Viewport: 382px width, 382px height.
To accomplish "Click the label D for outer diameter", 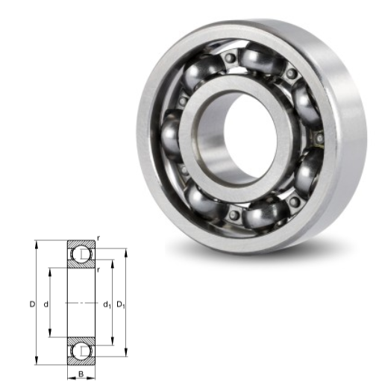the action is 32,304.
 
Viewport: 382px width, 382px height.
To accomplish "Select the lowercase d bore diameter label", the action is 46,304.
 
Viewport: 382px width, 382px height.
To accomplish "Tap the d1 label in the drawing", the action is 107,304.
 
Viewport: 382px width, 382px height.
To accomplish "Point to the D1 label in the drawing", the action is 121,304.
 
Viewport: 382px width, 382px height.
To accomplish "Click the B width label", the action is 81,374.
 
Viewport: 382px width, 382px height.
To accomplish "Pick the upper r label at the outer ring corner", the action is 98,238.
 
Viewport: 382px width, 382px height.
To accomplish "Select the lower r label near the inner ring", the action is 98,270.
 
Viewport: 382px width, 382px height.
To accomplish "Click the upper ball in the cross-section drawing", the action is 81,254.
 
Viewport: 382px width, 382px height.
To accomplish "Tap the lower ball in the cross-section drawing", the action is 81,351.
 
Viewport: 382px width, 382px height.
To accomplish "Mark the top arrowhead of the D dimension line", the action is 37,244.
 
